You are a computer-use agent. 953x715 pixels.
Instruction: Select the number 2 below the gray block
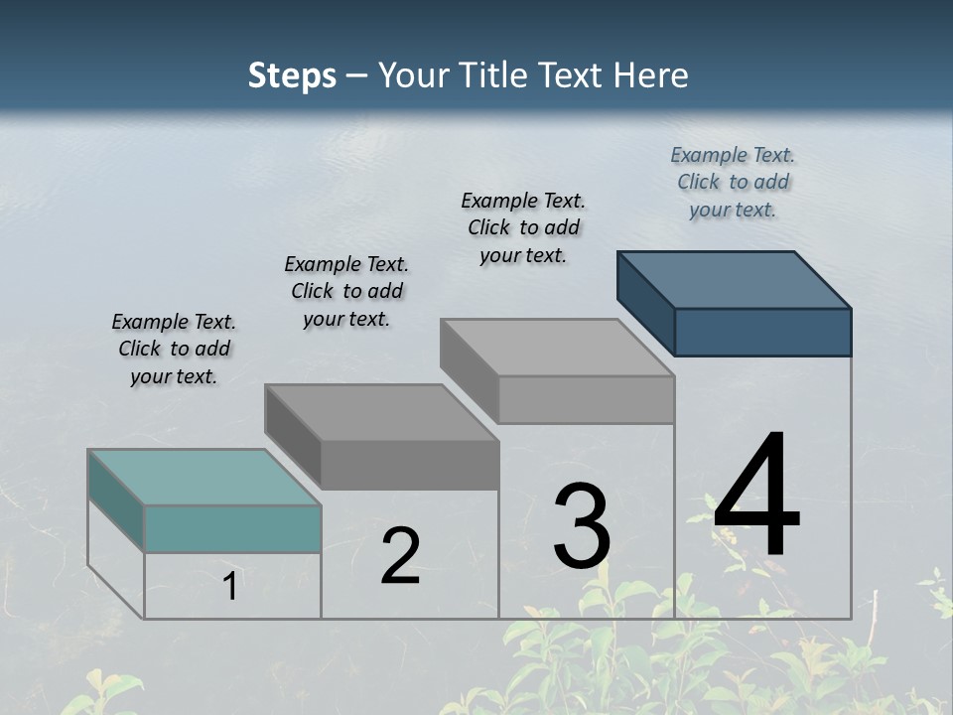(x=400, y=556)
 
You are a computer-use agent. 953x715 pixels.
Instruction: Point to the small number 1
(x=230, y=587)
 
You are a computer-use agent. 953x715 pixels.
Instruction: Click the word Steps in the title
(x=292, y=75)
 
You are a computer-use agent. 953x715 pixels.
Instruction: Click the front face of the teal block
(x=232, y=528)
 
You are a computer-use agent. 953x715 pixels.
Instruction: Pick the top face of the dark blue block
(x=735, y=279)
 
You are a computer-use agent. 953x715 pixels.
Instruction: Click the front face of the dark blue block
(x=762, y=332)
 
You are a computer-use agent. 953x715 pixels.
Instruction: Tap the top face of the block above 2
(x=381, y=412)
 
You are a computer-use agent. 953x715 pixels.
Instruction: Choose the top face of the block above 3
(x=558, y=348)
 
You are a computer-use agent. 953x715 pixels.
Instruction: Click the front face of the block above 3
(x=586, y=399)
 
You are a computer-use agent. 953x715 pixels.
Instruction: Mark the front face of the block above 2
(x=409, y=465)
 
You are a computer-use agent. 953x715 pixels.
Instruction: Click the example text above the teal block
(x=174, y=349)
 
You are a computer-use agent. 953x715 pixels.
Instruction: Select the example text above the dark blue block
(x=733, y=182)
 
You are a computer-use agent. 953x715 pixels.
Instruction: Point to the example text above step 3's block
(x=523, y=227)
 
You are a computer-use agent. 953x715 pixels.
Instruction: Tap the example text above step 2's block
(x=346, y=291)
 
